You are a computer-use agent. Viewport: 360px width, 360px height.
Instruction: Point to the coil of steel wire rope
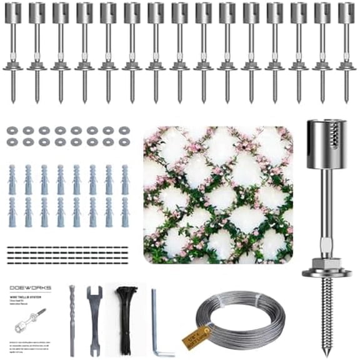(232, 319)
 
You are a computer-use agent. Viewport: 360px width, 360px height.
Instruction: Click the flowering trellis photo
(217, 194)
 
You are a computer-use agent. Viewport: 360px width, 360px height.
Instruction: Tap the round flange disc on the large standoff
(326, 272)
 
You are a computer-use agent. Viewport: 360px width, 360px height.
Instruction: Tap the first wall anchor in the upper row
(12, 179)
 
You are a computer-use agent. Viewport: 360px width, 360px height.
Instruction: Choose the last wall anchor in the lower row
(125, 212)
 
